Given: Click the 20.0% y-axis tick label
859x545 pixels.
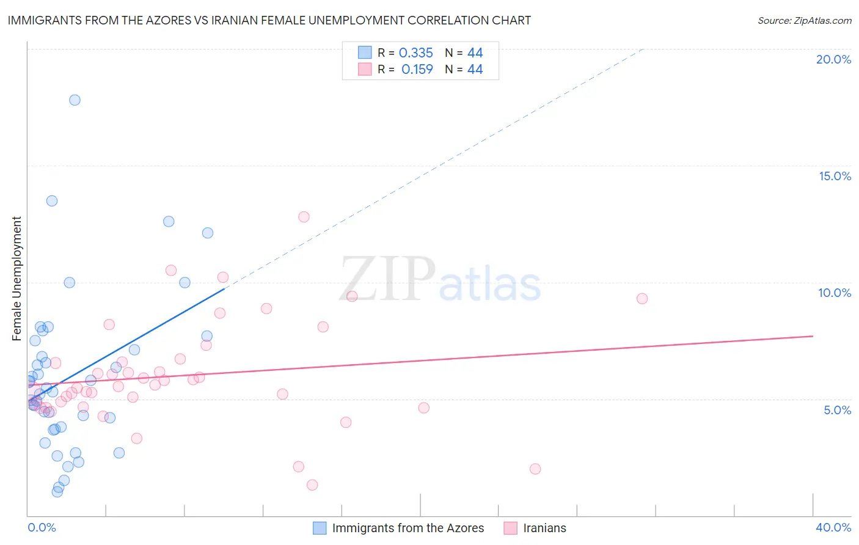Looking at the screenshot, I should [x=833, y=59].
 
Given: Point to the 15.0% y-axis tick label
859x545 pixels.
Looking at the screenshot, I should [x=835, y=176].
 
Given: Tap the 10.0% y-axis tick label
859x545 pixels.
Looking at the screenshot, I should [x=835, y=293].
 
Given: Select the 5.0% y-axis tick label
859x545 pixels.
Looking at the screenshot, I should [x=837, y=410].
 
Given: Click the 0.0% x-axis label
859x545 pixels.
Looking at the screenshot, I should [x=42, y=527].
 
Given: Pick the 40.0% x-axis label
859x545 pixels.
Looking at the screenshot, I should [x=833, y=527].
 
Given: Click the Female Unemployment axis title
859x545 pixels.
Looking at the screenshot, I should [x=16, y=279].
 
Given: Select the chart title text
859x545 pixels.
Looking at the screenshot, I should [x=269, y=20].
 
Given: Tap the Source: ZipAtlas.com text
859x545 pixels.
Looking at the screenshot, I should [x=804, y=20].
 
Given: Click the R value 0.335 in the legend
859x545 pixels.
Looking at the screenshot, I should [x=415, y=53].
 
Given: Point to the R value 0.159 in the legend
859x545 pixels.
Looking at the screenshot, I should [x=417, y=70].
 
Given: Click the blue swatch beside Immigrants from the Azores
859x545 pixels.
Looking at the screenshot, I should [x=320, y=528].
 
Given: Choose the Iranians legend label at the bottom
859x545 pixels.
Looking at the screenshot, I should [x=544, y=528].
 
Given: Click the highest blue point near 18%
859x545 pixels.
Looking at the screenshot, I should [x=75, y=100].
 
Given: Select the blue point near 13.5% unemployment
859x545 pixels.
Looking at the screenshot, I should [x=52, y=201].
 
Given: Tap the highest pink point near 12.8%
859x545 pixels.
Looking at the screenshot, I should [x=304, y=217].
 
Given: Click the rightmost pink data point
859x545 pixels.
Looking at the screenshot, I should [x=642, y=299].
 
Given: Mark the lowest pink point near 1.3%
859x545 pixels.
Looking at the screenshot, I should [x=312, y=485].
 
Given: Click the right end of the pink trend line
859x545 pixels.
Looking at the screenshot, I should [x=813, y=336].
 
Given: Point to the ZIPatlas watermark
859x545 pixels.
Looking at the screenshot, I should [x=440, y=280].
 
